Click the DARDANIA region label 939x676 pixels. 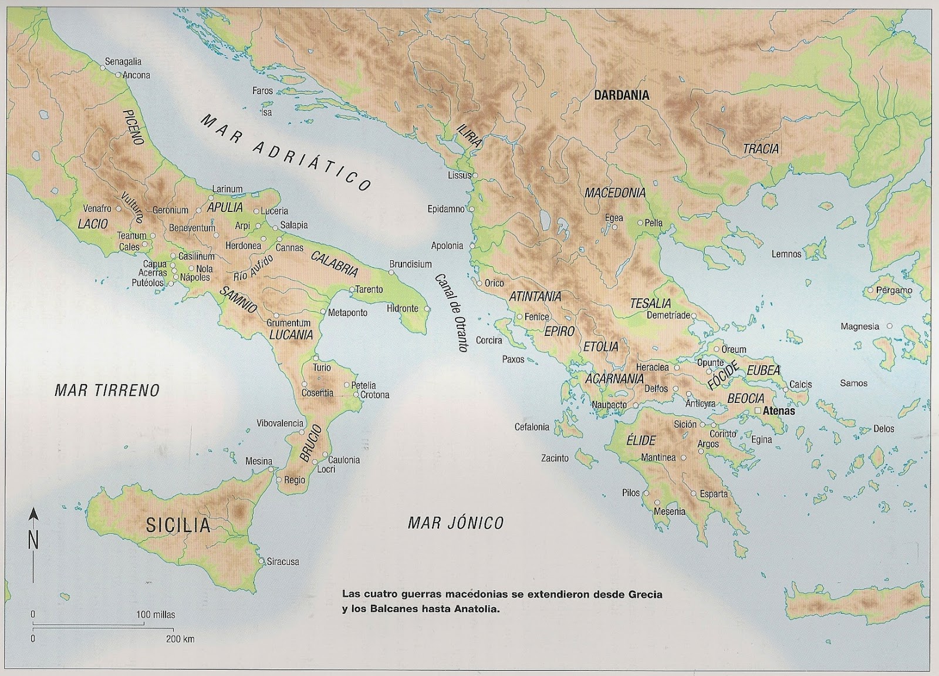pyautogui.click(x=622, y=95)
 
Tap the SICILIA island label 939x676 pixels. pyautogui.click(x=178, y=524)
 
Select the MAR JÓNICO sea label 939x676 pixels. pyautogui.click(x=455, y=523)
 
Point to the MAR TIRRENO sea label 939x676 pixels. pyautogui.click(x=107, y=391)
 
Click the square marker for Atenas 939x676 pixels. pyautogui.click(x=758, y=411)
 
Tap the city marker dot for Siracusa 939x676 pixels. pyautogui.click(x=262, y=561)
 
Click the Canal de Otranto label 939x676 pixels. pyautogui.click(x=451, y=312)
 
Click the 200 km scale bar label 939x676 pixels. pyautogui.click(x=180, y=639)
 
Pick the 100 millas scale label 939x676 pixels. pyautogui.click(x=156, y=615)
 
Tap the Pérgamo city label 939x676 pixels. pyautogui.click(x=894, y=290)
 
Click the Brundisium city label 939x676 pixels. pyautogui.click(x=410, y=264)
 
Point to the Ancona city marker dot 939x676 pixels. pyautogui.click(x=118, y=75)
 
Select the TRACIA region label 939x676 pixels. pyautogui.click(x=761, y=149)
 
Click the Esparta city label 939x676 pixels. pyautogui.click(x=714, y=494)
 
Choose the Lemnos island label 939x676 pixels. pyautogui.click(x=786, y=254)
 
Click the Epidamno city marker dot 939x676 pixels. pyautogui.click(x=471, y=208)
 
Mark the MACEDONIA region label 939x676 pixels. pyautogui.click(x=614, y=193)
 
